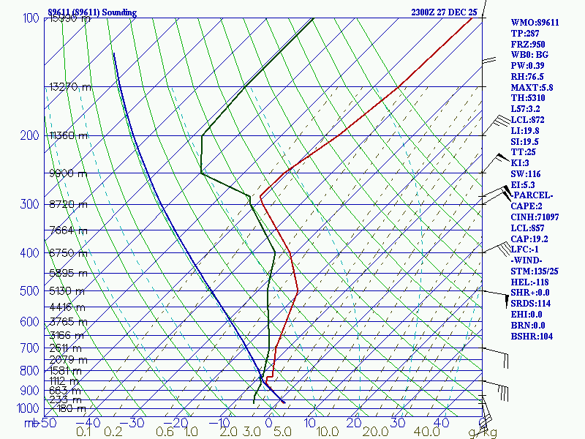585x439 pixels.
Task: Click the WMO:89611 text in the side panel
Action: point(535,23)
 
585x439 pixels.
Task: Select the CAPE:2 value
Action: point(528,206)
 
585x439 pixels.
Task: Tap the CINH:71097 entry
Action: point(535,217)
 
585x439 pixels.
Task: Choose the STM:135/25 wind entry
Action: point(535,271)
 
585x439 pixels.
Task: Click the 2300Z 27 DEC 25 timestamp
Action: point(444,12)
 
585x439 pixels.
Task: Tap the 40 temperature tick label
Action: point(441,423)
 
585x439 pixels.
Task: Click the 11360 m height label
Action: point(69,135)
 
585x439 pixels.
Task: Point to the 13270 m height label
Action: point(70,86)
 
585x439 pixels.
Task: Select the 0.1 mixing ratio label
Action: point(85,432)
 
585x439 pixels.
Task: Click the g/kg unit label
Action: point(483,432)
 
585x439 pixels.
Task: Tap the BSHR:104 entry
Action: point(532,336)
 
